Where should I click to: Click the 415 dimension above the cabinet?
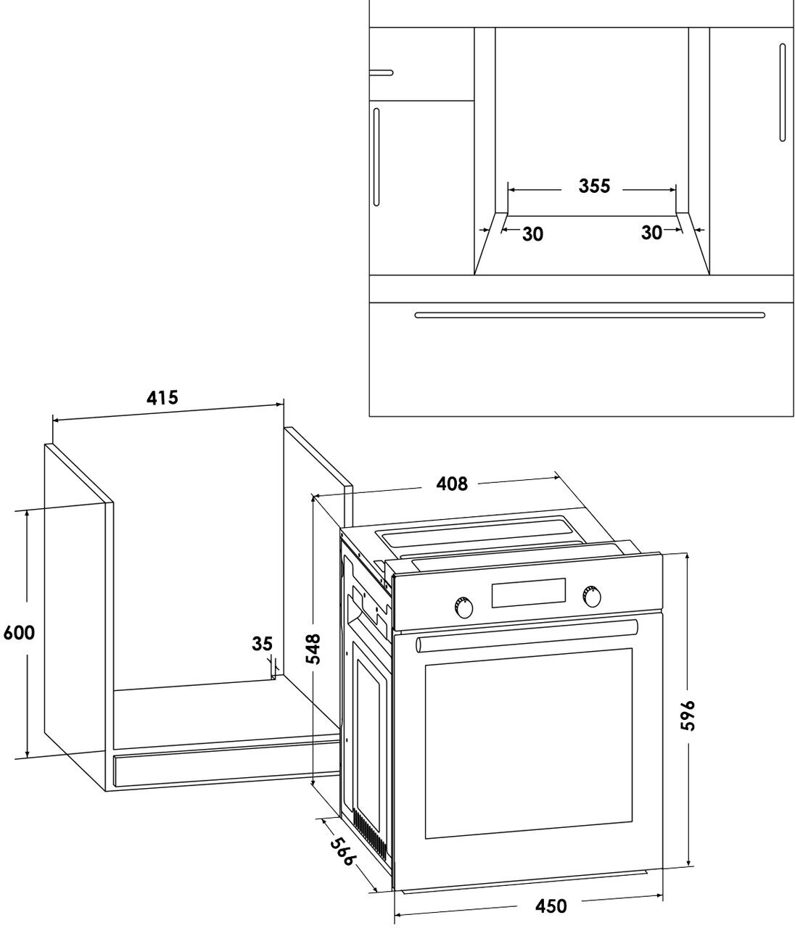[x=162, y=397]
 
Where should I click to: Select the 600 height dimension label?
[x=19, y=633]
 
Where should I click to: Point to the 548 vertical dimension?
[x=313, y=649]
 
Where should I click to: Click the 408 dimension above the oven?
[x=452, y=484]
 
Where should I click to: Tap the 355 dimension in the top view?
[x=594, y=186]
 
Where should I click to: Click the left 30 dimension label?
[x=532, y=234]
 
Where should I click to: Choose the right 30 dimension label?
[x=651, y=233]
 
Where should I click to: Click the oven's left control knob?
[x=462, y=608]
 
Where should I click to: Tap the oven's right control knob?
[x=591, y=596]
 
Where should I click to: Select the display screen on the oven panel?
[x=528, y=593]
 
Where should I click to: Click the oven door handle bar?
[x=527, y=635]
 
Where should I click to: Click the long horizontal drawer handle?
[x=589, y=315]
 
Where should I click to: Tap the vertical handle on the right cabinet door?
[x=783, y=93]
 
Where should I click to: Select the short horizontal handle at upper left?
[x=381, y=72]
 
